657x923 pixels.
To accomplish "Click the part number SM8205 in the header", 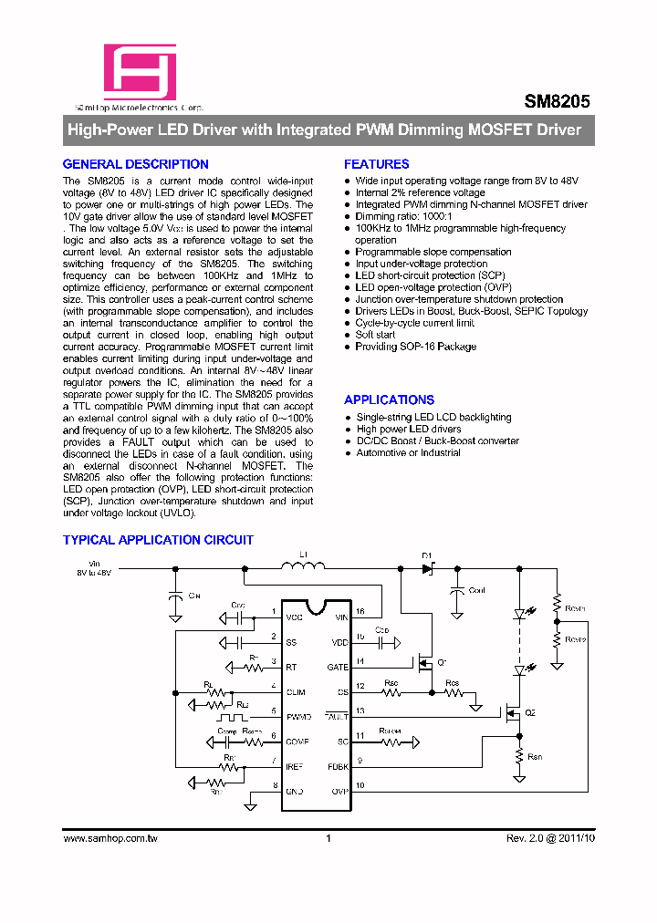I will pyautogui.click(x=557, y=103).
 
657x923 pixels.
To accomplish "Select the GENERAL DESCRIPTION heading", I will pyautogui.click(x=135, y=164).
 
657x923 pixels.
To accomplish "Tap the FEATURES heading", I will pyautogui.click(x=376, y=164).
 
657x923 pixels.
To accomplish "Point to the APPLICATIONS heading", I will pyautogui.click(x=389, y=399).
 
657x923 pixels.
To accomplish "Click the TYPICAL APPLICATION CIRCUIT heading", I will pyautogui.click(x=158, y=540).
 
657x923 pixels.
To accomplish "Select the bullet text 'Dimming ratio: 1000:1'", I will pyautogui.click(x=395, y=216).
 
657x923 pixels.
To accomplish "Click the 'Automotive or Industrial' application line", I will pyautogui.click(x=408, y=452).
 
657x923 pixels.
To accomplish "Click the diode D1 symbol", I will pyautogui.click(x=426, y=568).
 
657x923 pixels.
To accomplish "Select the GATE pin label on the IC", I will pyautogui.click(x=338, y=667).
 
